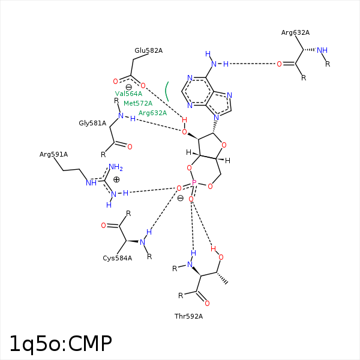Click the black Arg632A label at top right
[295, 32]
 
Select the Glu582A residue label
[148, 50]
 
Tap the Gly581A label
[92, 123]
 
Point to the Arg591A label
[53, 154]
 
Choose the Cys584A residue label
[117, 258]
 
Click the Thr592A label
[188, 316]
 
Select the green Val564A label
[128, 94]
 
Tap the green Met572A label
[138, 103]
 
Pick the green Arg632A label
[152, 113]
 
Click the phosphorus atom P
[194, 182]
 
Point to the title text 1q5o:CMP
[60, 343]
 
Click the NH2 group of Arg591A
[115, 167]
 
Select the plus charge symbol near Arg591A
[116, 179]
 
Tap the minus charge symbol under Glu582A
[128, 88]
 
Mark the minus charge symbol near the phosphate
[180, 198]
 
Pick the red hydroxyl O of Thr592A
[221, 257]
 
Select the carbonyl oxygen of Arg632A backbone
[279, 64]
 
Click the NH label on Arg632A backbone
[322, 50]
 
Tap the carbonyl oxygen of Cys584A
[103, 226]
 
